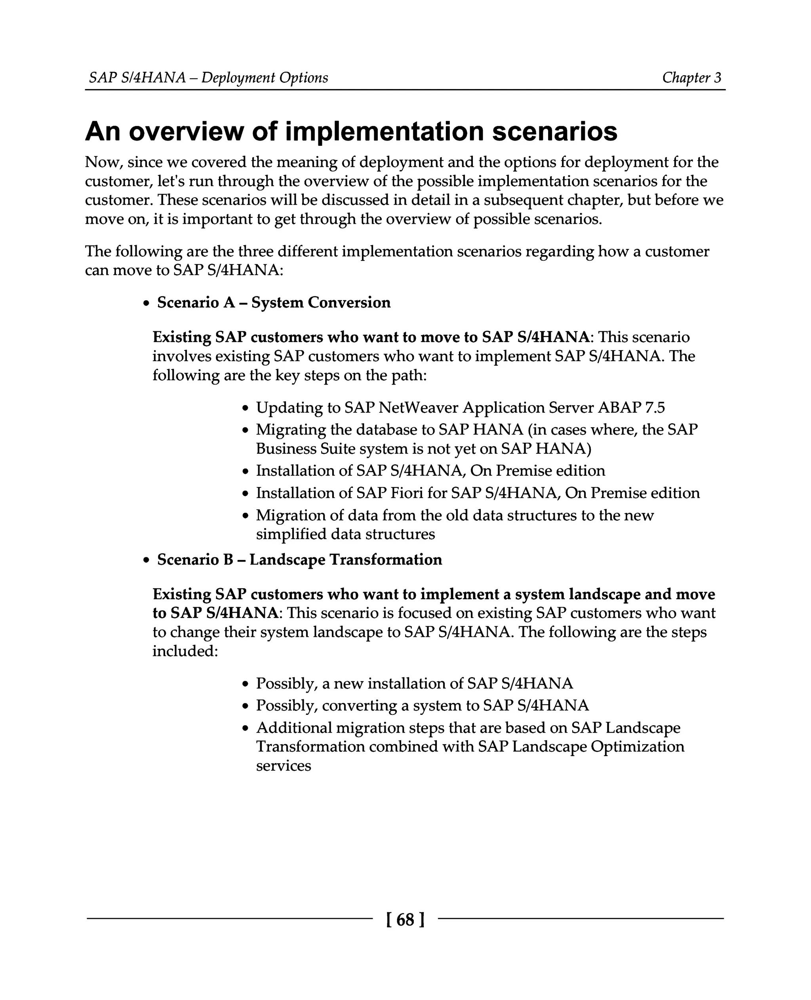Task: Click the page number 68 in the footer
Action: [x=405, y=920]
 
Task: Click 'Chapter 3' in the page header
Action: [x=691, y=78]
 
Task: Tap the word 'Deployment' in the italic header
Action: [x=238, y=78]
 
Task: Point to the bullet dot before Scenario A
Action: [x=146, y=304]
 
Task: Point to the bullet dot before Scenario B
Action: [x=146, y=560]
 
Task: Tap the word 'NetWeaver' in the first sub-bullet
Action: [x=418, y=408]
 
